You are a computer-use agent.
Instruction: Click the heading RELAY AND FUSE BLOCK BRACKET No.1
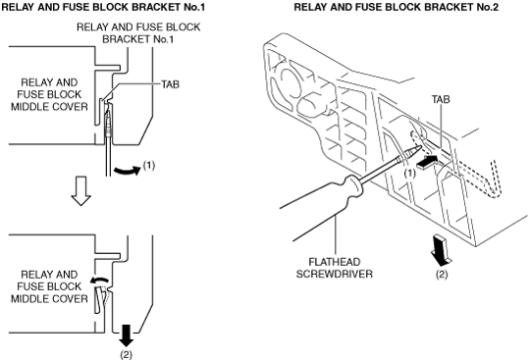click(103, 7)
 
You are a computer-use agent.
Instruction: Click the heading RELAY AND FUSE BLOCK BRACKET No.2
click(397, 7)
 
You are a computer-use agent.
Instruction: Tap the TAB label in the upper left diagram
click(170, 84)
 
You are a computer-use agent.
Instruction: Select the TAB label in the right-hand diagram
click(441, 99)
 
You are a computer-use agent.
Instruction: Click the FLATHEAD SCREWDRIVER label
click(335, 268)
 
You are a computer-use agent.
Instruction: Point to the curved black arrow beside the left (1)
click(128, 171)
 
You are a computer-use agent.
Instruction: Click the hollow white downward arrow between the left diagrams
click(80, 190)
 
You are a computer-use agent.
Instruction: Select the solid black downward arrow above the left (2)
click(127, 335)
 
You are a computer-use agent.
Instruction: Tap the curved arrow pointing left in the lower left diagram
click(99, 280)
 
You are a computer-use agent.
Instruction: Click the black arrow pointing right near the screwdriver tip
click(428, 161)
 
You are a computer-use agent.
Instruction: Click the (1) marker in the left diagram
click(149, 165)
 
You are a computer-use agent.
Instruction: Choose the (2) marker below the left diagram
click(127, 355)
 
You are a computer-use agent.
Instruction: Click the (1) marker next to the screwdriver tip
click(410, 174)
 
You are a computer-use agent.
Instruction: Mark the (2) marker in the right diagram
click(442, 275)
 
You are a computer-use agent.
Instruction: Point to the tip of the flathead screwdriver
click(420, 145)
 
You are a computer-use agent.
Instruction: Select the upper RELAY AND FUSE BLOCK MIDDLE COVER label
click(49, 95)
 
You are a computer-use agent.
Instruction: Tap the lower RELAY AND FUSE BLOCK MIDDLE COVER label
click(49, 286)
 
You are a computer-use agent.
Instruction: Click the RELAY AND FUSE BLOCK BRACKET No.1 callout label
click(138, 33)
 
